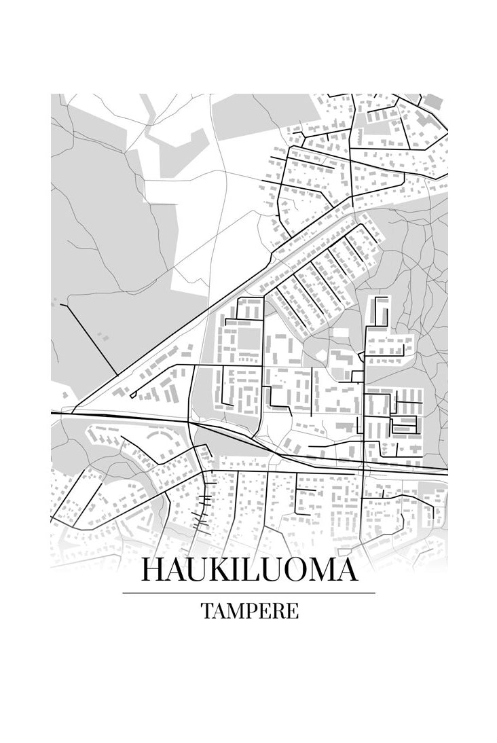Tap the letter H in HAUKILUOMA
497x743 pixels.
(x=153, y=570)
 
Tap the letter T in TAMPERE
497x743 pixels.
(x=206, y=611)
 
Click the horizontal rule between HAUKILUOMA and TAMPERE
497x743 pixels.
(x=248, y=593)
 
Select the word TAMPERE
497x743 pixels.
(x=249, y=611)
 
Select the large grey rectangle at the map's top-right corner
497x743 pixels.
(x=432, y=100)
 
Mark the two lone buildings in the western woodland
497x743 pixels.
(x=101, y=337)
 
